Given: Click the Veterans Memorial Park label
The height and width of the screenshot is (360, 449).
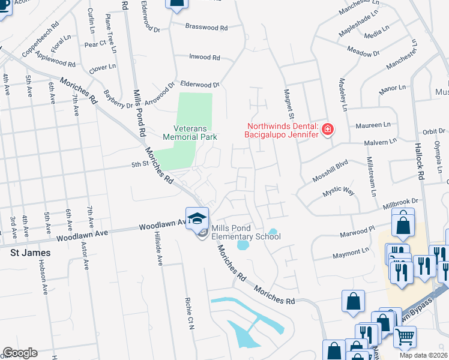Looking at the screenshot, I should pos(195,132).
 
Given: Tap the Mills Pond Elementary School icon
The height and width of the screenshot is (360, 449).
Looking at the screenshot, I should pos(197,220).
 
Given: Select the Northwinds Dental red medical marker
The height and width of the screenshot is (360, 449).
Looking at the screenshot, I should pos(328,130).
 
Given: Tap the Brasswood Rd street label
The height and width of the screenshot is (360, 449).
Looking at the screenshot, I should pos(206,28).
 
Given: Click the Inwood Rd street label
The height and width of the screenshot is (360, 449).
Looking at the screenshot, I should pos(205,58).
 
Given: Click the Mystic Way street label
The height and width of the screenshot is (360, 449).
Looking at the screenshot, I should pos(340,191).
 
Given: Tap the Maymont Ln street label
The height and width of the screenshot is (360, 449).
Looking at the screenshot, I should pos(352,253).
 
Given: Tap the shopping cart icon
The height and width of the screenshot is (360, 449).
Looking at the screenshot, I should pos(405,338).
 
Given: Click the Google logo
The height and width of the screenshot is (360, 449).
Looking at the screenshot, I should pos(20,353).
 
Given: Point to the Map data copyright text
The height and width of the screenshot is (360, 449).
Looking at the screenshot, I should pos(423,355).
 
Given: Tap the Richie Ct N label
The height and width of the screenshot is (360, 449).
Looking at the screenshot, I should pos(188,309).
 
